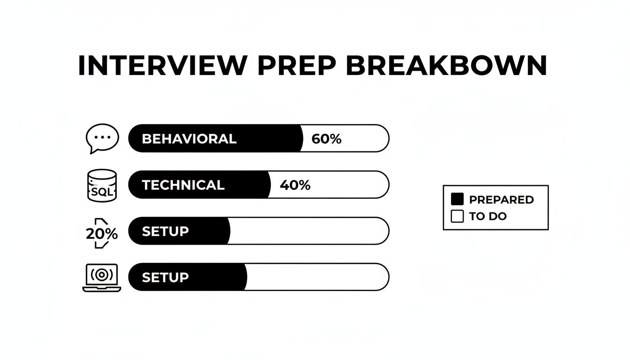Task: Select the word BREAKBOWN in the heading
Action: click(x=446, y=66)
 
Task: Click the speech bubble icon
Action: click(x=102, y=138)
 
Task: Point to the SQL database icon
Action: click(x=102, y=186)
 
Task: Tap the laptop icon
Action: click(x=102, y=277)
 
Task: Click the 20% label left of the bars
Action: click(x=102, y=233)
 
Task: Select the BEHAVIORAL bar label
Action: click(x=189, y=139)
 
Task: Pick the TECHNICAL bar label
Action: click(x=183, y=185)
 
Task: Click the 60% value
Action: click(x=326, y=139)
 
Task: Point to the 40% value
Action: click(x=295, y=185)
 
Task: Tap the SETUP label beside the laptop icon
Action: click(x=165, y=277)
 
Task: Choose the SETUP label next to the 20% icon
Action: click(x=165, y=231)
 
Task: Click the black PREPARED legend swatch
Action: click(x=457, y=199)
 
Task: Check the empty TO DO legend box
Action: click(x=457, y=216)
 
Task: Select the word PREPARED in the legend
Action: click(x=501, y=200)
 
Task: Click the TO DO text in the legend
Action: click(x=487, y=217)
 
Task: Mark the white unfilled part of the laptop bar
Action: click(x=317, y=277)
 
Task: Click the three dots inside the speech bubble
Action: click(x=102, y=137)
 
